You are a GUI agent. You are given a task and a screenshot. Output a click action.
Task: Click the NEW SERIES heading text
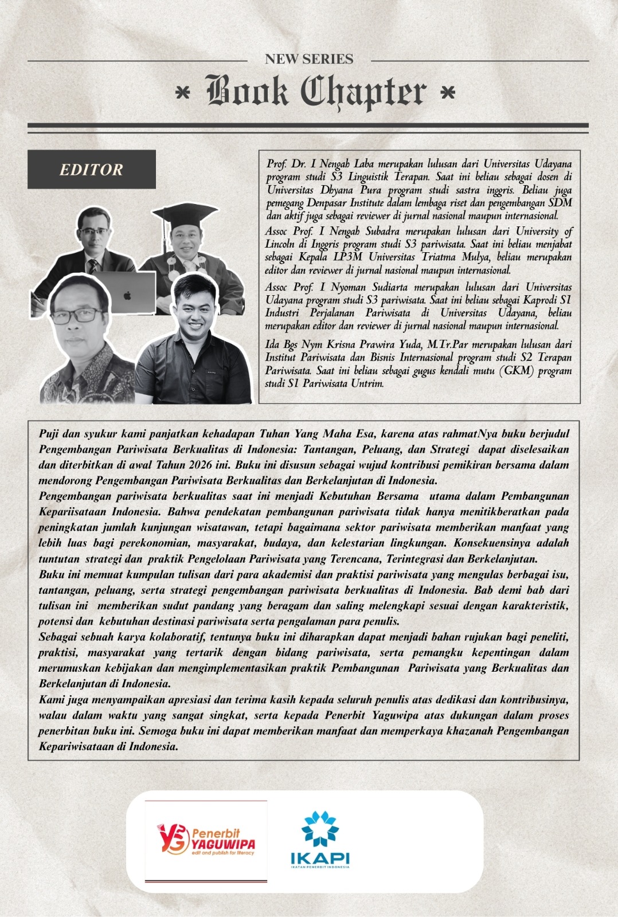309,59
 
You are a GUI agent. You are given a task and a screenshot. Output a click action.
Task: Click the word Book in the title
247,92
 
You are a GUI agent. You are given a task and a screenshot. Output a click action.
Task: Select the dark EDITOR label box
92,169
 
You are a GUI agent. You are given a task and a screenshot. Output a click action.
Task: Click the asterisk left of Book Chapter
183,93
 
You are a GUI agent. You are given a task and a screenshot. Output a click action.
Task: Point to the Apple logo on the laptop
127,295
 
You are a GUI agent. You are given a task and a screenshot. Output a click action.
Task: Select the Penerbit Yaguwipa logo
206,841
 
